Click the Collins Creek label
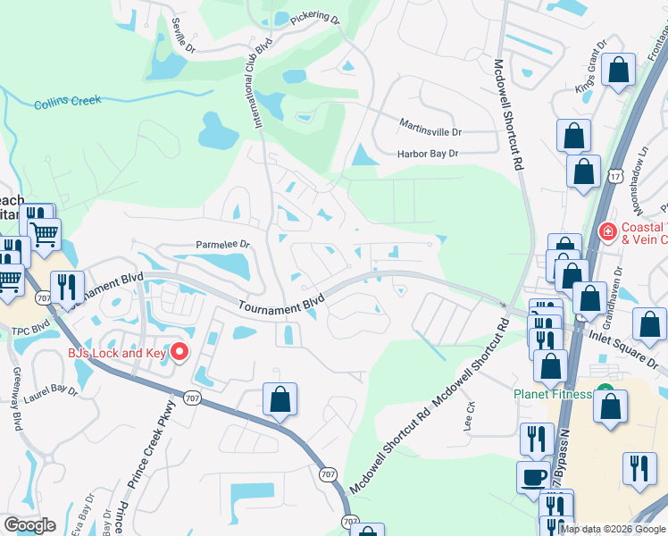67,102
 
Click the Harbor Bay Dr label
428,154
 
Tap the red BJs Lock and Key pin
179,351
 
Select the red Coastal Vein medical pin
607,231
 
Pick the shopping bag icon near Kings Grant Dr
618,71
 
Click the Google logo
29,524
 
